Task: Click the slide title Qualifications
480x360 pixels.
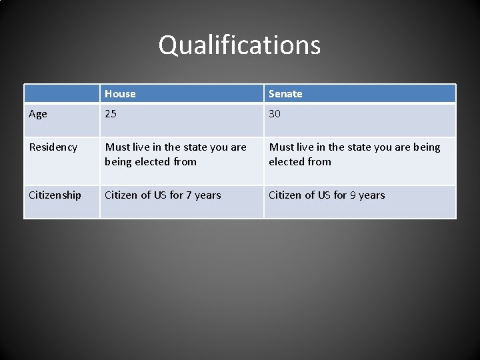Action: (239, 45)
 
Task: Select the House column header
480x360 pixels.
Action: (120, 94)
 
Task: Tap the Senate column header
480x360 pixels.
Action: (285, 94)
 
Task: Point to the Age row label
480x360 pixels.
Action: (38, 114)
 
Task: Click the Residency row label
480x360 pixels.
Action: (53, 147)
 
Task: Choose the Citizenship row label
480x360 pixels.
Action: (55, 195)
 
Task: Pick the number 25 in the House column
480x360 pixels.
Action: (110, 114)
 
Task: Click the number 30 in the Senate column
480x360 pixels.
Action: (275, 114)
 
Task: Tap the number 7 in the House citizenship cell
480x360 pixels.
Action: (189, 195)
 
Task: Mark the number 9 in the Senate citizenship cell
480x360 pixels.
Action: (353, 195)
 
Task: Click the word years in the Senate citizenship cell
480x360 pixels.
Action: (372, 195)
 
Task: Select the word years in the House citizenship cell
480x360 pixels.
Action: (208, 195)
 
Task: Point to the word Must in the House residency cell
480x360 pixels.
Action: (118, 147)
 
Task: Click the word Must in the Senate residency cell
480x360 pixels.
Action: (282, 147)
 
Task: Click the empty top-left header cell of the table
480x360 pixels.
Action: (62, 94)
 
